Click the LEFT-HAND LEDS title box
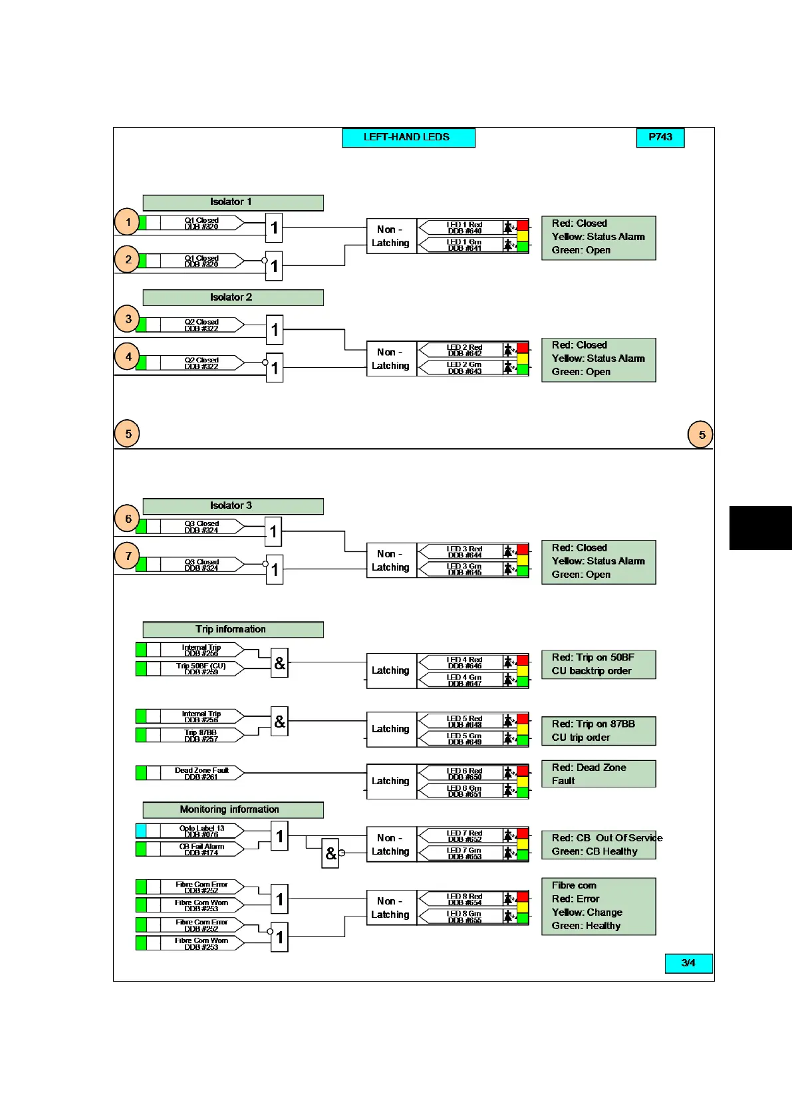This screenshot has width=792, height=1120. [x=408, y=138]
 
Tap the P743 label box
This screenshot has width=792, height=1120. [x=660, y=138]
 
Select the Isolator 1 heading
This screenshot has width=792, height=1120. [x=233, y=202]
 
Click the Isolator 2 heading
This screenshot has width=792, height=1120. [x=233, y=297]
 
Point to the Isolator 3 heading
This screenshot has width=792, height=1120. [x=233, y=506]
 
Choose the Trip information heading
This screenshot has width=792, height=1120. [x=233, y=629]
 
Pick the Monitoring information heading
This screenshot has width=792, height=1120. [x=233, y=809]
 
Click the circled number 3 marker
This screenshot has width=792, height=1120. [x=128, y=319]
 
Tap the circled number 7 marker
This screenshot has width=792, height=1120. [x=128, y=556]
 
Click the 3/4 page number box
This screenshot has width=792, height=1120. [x=688, y=963]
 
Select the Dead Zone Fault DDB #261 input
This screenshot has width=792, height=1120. [x=201, y=773]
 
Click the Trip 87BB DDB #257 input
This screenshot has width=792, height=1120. [x=201, y=736]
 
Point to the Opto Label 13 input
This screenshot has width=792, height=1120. [x=201, y=831]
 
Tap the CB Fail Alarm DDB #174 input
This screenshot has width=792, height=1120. [x=201, y=849]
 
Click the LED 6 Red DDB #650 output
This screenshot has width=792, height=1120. [x=463, y=773]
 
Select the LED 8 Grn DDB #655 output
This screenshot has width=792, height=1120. [x=463, y=917]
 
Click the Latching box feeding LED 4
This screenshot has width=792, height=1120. [x=391, y=670]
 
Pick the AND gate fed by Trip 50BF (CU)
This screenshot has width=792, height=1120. [x=279, y=663]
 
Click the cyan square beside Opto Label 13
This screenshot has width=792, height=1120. [x=141, y=831]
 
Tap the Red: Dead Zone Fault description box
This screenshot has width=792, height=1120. [x=598, y=774]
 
